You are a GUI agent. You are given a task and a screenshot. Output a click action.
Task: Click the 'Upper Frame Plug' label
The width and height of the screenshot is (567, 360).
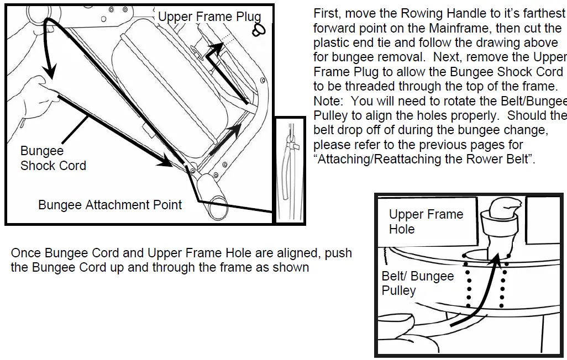tap(209, 17)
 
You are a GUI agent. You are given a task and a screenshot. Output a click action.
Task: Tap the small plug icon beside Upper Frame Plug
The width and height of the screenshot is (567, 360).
tap(256, 30)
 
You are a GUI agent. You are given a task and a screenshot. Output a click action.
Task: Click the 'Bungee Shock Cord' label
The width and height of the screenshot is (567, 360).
tap(53, 158)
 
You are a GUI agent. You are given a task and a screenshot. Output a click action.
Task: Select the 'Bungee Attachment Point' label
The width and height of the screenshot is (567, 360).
tap(110, 205)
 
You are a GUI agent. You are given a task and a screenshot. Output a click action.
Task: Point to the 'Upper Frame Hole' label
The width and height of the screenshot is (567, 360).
tap(426, 221)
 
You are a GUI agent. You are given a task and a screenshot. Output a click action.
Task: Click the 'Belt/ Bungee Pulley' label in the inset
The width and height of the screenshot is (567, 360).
tap(417, 283)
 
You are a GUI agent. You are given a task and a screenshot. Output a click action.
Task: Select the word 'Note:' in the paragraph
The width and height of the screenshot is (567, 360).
tap(329, 101)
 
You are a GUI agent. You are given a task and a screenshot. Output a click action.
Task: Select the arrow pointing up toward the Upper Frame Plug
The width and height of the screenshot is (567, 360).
tap(216, 52)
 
